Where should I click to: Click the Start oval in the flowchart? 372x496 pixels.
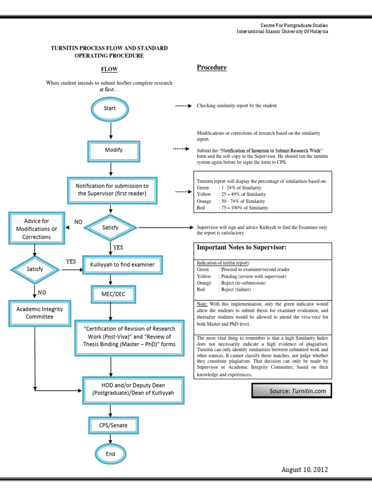(110, 108)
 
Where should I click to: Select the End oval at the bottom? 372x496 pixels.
(110, 454)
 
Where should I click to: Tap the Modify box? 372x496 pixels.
(114, 151)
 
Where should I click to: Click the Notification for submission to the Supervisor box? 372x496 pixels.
(112, 190)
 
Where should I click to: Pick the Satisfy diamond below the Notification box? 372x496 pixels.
(110, 227)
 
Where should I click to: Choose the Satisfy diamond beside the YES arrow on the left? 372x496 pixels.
(34, 269)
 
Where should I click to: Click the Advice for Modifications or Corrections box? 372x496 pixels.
(36, 229)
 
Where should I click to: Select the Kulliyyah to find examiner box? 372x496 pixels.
(123, 265)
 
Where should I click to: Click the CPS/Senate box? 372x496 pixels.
(114, 426)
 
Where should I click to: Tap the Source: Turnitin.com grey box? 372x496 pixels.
(292, 390)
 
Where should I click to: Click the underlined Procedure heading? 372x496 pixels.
(212, 67)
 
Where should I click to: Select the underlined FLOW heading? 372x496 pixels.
(109, 70)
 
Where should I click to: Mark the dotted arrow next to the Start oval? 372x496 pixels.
(183, 105)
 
